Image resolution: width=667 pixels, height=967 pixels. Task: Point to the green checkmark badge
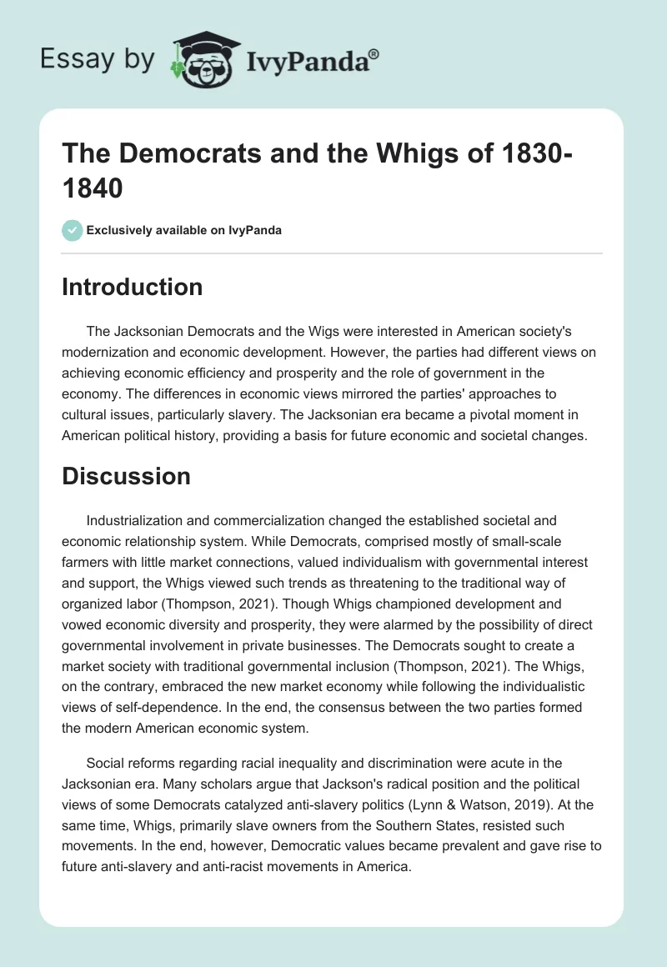[72, 230]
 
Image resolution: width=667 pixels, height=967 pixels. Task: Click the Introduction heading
[132, 287]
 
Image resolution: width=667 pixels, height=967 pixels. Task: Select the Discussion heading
[126, 476]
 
